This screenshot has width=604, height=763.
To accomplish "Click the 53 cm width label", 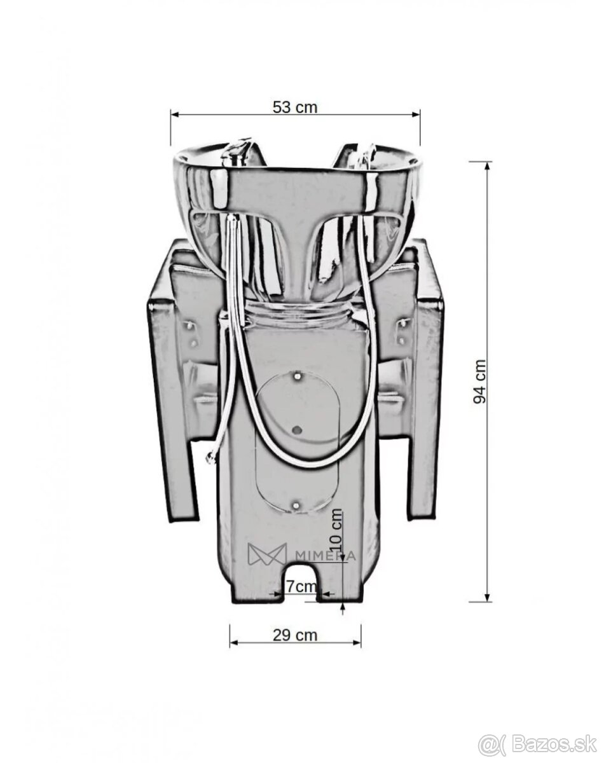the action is (295, 107).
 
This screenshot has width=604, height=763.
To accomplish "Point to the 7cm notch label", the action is (301, 586).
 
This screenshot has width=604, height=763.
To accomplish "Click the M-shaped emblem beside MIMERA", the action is (267, 554).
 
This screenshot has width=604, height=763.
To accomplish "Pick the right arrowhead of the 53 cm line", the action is (415, 114).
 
